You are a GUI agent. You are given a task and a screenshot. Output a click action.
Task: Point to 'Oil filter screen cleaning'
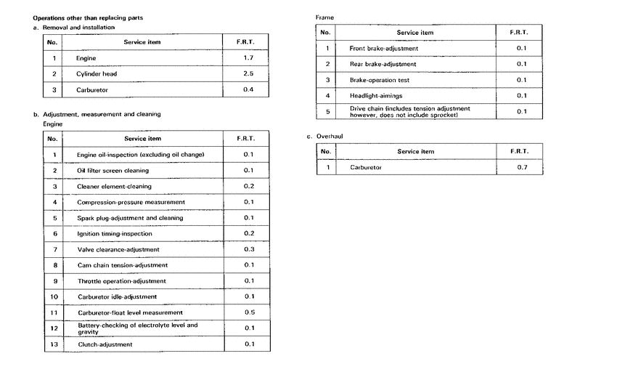click(113, 171)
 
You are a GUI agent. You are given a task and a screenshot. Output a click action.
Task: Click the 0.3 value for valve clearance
click(249, 249)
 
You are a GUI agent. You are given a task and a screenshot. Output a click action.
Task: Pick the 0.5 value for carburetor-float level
click(249, 312)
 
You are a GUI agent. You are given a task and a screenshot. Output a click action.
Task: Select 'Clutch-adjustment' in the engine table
click(105, 344)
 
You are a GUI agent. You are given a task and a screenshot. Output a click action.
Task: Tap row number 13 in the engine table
click(54, 344)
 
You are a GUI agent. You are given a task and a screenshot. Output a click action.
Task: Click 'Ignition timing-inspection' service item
click(114, 234)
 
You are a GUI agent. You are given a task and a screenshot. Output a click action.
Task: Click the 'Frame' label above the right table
click(324, 17)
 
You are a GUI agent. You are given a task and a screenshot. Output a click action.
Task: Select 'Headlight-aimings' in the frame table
click(376, 95)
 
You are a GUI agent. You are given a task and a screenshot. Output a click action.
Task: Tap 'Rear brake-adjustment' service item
click(383, 64)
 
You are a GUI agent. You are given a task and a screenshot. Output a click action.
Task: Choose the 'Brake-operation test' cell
click(380, 80)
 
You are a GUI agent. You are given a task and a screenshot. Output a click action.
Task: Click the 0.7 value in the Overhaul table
click(521, 168)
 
